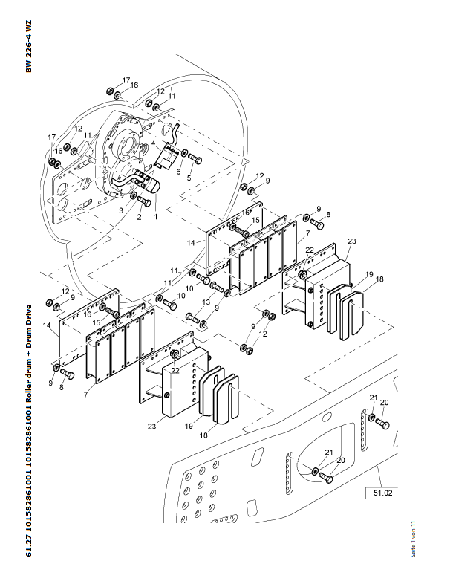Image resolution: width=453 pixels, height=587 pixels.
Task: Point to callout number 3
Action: [121, 211]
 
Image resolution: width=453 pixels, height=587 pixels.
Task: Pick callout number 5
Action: [189, 178]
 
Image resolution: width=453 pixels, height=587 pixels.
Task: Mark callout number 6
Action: [178, 172]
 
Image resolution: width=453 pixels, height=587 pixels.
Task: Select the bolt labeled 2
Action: [144, 201]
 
